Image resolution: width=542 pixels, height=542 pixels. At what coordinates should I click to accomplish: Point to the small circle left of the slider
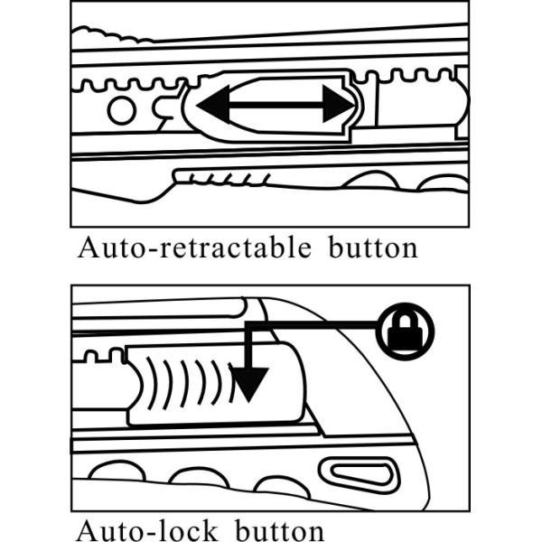tap(121, 110)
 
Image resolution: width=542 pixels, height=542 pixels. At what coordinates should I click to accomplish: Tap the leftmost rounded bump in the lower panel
tap(112, 471)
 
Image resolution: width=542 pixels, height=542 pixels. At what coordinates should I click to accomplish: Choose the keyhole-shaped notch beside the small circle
tap(163, 111)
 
